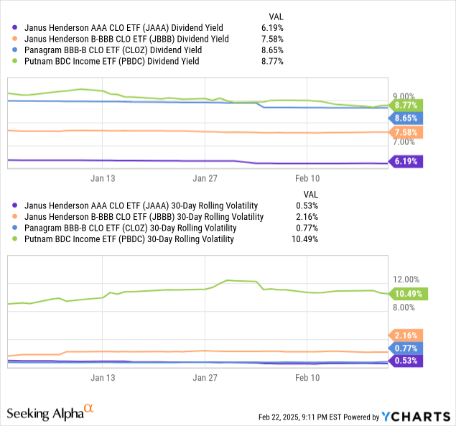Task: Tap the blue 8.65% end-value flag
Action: click(x=406, y=117)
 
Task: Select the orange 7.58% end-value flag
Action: click(x=406, y=132)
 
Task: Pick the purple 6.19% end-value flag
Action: click(x=406, y=162)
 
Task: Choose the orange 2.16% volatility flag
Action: click(x=406, y=335)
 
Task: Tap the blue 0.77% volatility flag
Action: click(x=406, y=348)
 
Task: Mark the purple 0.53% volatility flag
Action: click(x=406, y=360)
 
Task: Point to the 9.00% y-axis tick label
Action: click(x=403, y=96)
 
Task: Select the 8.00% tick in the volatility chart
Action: click(x=403, y=307)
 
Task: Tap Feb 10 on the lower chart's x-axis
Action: click(x=307, y=376)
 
